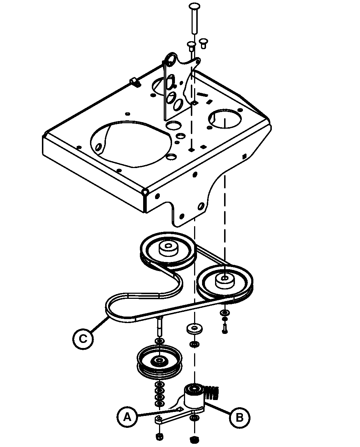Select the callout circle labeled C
(x=83, y=339)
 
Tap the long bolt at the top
(x=194, y=18)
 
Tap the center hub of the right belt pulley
(x=225, y=281)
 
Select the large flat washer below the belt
(x=194, y=328)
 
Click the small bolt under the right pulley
(x=224, y=329)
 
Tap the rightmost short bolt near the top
(x=203, y=44)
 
